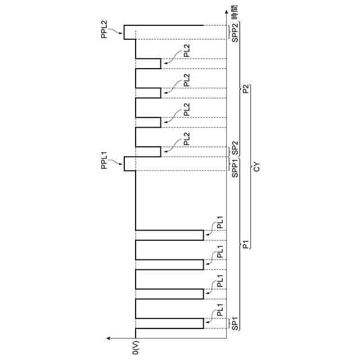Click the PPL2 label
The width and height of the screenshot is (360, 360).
pyautogui.click(x=104, y=29)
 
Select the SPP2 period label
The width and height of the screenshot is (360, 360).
pyautogui.click(x=235, y=32)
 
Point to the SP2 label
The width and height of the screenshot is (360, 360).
pyautogui.click(x=235, y=149)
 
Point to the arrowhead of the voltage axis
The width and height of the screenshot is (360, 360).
pyautogui.click(x=109, y=338)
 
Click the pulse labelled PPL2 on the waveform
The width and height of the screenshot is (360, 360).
pyautogui.click(x=130, y=32)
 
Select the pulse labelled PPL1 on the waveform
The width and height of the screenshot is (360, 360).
pyautogui.click(x=130, y=163)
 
